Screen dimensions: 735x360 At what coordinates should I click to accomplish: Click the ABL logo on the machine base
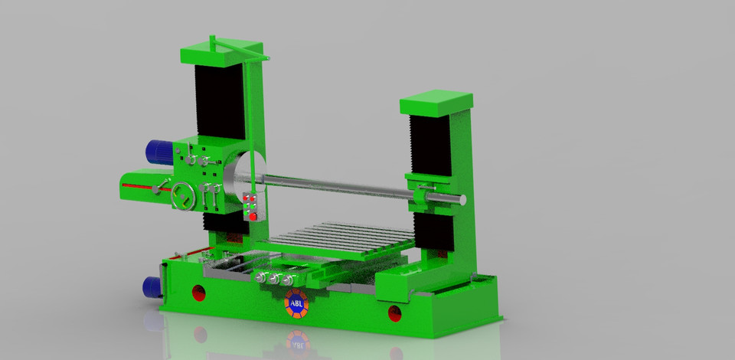(296, 304)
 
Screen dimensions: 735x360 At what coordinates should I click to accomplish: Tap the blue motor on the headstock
(159, 152)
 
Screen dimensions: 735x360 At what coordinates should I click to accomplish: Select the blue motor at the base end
(152, 287)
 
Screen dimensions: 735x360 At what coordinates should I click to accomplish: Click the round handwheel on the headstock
(183, 196)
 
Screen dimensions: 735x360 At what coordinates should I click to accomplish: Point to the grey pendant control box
(253, 206)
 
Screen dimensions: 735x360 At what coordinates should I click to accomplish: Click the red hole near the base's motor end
(199, 293)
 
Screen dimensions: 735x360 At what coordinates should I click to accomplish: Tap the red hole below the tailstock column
(395, 313)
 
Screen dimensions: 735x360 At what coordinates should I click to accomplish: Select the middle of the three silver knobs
(274, 279)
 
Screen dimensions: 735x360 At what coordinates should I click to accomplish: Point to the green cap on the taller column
(222, 51)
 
